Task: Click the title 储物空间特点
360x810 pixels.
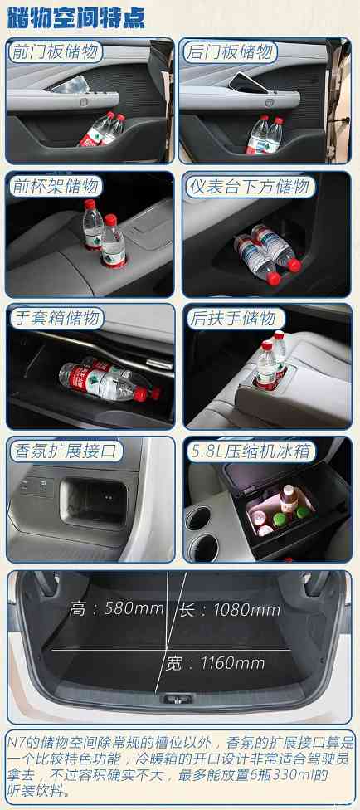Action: (x=75, y=16)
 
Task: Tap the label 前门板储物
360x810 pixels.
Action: (x=55, y=52)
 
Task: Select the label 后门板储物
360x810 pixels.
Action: (x=230, y=52)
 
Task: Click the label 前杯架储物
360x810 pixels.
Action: (x=55, y=186)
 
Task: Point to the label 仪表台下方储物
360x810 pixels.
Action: (x=249, y=186)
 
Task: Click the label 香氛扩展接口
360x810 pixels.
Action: (x=66, y=451)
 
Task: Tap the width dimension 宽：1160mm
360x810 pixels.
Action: (x=226, y=662)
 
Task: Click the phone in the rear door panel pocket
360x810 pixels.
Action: (x=251, y=81)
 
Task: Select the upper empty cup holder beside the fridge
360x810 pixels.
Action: (x=202, y=519)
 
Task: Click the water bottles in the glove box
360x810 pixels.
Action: (x=104, y=378)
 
